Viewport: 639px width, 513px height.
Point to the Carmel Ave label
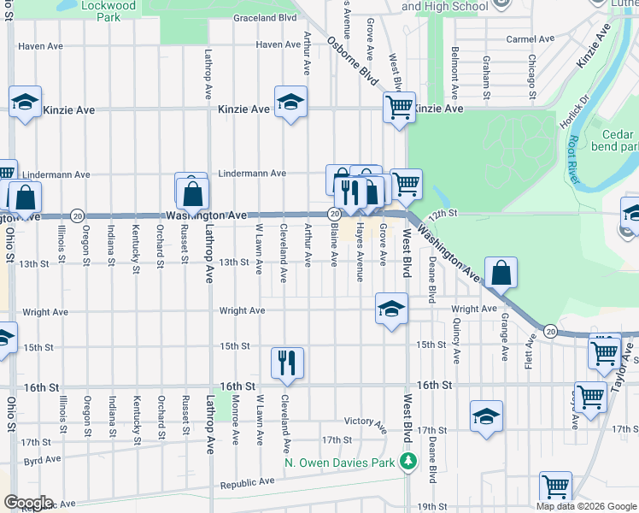pos(531,39)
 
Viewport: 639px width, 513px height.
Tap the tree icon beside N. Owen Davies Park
pos(409,463)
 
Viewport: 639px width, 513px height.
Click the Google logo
pos(27,502)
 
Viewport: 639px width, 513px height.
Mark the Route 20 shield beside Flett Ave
pos(550,331)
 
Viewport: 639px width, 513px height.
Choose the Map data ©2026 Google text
pos(585,505)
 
